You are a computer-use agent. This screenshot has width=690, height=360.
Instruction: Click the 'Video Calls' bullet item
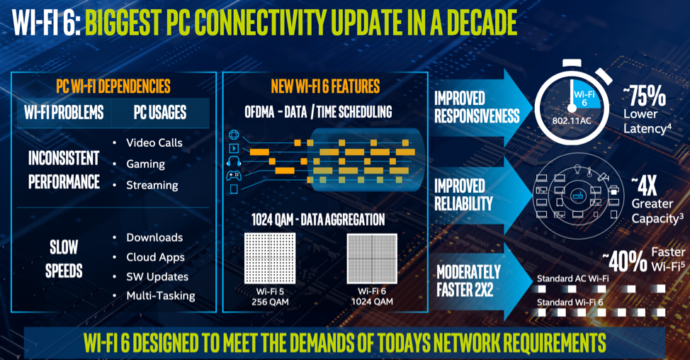click(x=154, y=142)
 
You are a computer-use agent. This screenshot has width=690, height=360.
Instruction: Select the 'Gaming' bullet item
click(x=145, y=164)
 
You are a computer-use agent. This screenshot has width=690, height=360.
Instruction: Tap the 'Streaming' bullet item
click(x=152, y=185)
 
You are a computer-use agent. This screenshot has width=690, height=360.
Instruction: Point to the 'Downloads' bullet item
click(x=154, y=237)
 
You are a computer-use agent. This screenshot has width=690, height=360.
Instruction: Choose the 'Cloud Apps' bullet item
click(x=155, y=257)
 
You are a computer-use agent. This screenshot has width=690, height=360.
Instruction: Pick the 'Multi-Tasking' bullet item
click(x=160, y=296)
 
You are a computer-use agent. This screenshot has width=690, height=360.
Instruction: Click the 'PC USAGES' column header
click(x=159, y=112)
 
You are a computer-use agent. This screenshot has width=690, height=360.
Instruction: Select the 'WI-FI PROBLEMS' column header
click(x=64, y=112)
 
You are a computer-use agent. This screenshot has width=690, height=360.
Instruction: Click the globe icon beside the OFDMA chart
click(x=234, y=135)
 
